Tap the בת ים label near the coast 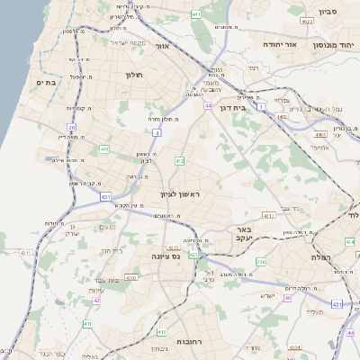(x=46, y=82)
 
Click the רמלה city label (x=322, y=256)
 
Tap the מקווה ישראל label (x=127, y=42)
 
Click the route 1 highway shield (x=260, y=107)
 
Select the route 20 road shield (x=72, y=127)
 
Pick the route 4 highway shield (x=157, y=132)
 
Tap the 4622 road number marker (x=307, y=21)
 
